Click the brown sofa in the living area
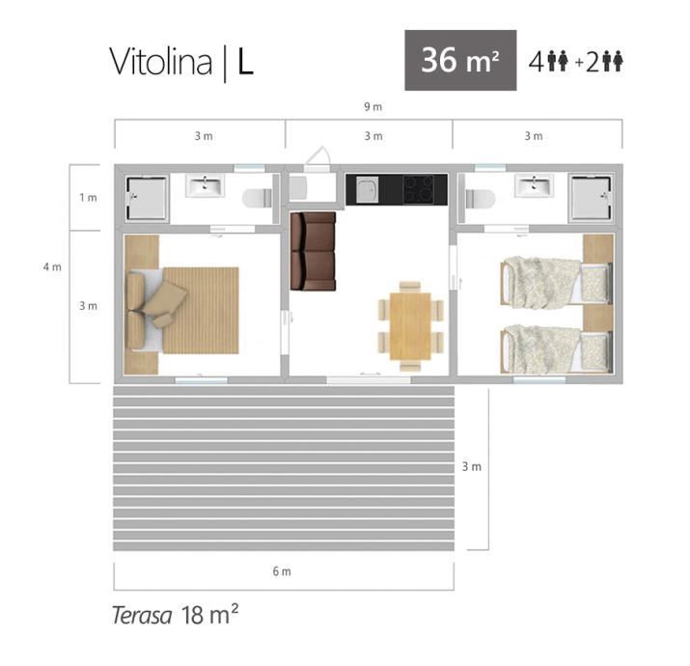coord(313,251)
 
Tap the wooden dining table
coord(410,325)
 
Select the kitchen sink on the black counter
coord(367,190)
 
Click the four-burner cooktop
coord(419,190)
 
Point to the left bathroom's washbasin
coord(205,185)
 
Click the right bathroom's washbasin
coord(535,185)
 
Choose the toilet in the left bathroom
coord(258,198)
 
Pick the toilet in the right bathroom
coord(480,198)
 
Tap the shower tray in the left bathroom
coord(147,198)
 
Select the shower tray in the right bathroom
coord(591,198)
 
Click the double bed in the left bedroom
coord(182,311)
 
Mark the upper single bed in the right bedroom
coord(557,283)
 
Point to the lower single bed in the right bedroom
coord(557,348)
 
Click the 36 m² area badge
coord(460,60)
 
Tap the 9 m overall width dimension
coord(373,106)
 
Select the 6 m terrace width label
coord(282,571)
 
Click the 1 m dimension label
coord(88,197)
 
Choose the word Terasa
coord(142,616)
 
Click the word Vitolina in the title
coord(160,62)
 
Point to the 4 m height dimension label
coord(52,266)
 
